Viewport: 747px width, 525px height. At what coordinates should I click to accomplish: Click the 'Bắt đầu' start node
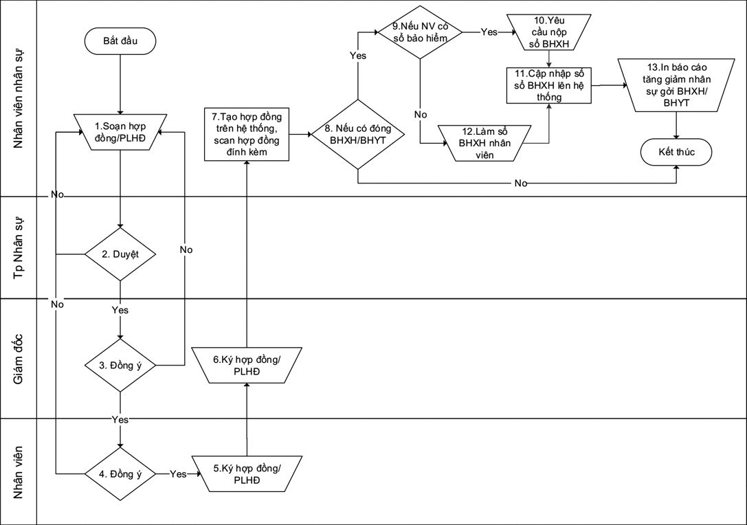(120, 41)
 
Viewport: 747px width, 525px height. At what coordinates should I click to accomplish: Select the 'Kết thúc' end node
(676, 153)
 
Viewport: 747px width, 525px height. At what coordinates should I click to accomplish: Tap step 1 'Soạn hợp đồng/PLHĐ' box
(120, 132)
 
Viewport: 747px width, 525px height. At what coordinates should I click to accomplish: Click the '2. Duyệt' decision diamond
(120, 254)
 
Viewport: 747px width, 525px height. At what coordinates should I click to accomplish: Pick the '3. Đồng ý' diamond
(120, 365)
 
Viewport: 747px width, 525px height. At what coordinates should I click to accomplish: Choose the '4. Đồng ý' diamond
(120, 473)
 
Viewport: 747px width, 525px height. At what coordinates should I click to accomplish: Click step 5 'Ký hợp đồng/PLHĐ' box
(246, 473)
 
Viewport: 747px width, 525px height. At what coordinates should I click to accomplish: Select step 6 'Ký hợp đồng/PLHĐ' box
(246, 364)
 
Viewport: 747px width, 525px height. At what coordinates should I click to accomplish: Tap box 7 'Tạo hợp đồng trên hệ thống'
(247, 133)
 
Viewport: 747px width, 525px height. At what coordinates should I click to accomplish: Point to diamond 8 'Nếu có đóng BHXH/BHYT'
(358, 134)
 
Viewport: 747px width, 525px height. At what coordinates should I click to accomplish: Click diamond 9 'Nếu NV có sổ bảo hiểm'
(420, 32)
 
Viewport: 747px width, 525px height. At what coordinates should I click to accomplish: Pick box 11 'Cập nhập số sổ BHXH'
(548, 86)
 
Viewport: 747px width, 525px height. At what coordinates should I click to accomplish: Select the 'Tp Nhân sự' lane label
(19, 247)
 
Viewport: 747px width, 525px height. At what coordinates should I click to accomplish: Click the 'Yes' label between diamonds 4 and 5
(177, 473)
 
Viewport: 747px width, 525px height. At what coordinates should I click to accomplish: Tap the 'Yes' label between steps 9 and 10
(489, 32)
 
